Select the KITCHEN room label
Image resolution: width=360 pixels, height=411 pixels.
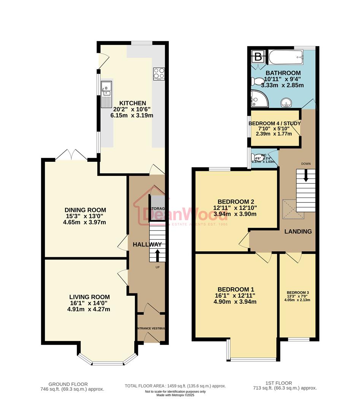pos(132,103)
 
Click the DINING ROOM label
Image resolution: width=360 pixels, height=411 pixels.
pos(85,210)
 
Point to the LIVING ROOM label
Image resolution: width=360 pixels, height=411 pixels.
pos(89,297)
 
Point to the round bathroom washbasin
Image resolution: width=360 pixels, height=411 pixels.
pos(286,102)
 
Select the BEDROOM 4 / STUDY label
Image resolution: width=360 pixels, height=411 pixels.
pos(274,123)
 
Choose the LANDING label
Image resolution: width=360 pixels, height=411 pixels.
pos(298,231)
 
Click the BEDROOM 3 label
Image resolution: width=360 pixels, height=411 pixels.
pos(298,292)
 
